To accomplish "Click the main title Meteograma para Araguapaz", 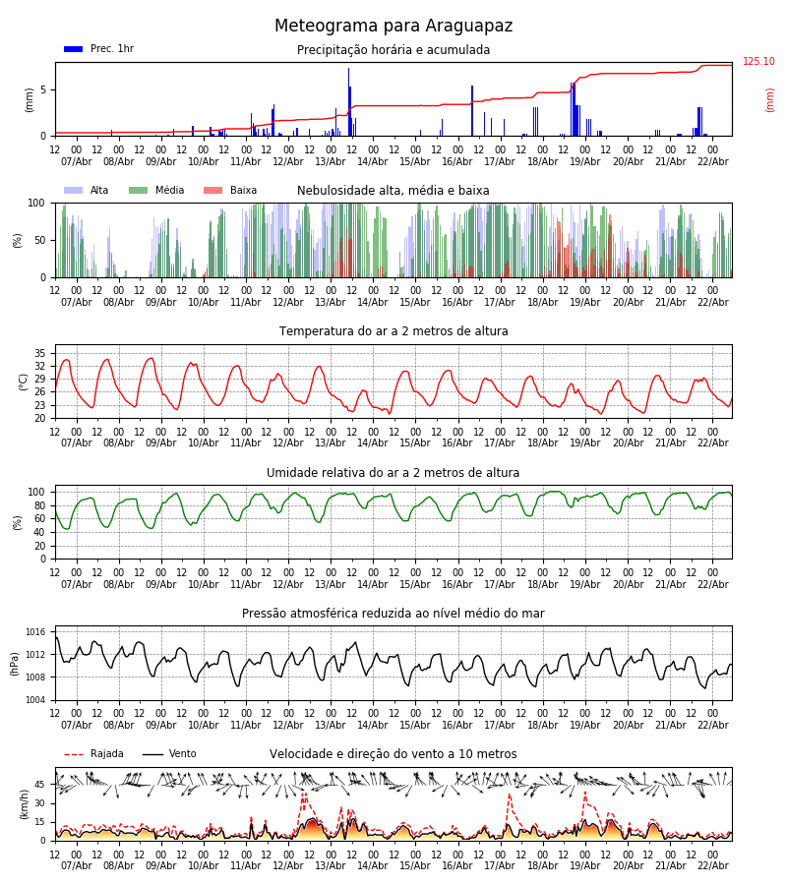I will coord(393,27).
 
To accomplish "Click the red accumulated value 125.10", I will coord(758,62).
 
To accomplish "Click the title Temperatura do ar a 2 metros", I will coord(393,331).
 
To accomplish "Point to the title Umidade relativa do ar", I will coord(393,473).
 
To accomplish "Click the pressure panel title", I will coord(393,614).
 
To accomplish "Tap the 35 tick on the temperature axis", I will coord(40,353).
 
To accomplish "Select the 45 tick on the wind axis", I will coord(40,785).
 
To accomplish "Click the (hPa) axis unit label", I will coord(16,663).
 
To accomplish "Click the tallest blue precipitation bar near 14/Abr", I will coord(348,98).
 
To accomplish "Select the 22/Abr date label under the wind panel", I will coord(712,866).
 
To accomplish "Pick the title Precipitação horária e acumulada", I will coord(393,50).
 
